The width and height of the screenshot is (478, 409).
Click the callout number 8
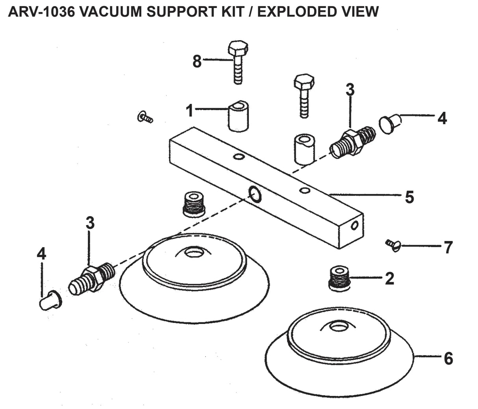coord(197,62)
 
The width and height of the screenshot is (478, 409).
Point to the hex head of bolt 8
coord(238,48)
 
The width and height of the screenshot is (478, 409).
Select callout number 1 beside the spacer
coord(190,111)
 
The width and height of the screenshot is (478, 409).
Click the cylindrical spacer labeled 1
coord(239,117)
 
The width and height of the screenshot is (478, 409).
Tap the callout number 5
coord(409,197)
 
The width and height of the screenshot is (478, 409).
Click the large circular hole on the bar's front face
coord(254,194)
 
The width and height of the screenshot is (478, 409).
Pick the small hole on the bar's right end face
coord(355,226)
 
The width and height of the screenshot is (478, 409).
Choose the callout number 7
coord(448,248)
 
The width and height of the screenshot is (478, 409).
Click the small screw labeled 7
coord(393,245)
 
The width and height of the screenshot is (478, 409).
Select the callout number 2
coord(389,279)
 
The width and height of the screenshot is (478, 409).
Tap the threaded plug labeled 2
coord(339,278)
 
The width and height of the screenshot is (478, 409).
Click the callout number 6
coord(448,359)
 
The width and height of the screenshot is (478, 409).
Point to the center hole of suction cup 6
coord(337,326)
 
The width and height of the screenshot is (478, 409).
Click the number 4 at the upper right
coord(442,118)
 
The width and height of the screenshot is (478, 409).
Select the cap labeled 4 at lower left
coord(50,302)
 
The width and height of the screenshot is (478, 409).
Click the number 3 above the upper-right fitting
coord(350,90)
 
